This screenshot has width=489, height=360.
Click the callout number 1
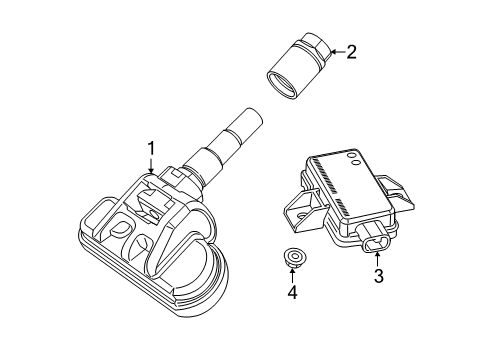(x=151, y=149)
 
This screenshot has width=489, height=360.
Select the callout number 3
(x=379, y=276)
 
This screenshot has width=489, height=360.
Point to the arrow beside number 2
(x=335, y=52)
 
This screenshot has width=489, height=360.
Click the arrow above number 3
(x=378, y=258)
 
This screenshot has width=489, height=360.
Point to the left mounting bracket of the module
(x=300, y=211)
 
